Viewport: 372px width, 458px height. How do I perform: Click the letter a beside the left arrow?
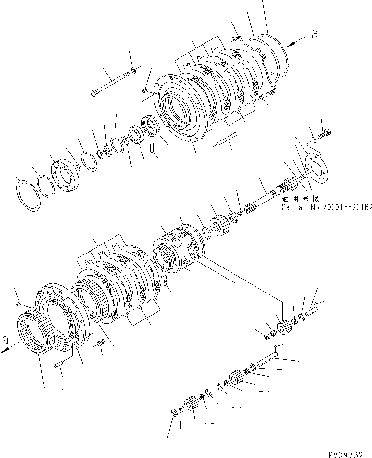point(6,341)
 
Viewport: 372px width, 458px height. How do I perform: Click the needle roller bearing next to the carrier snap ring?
point(222,225)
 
